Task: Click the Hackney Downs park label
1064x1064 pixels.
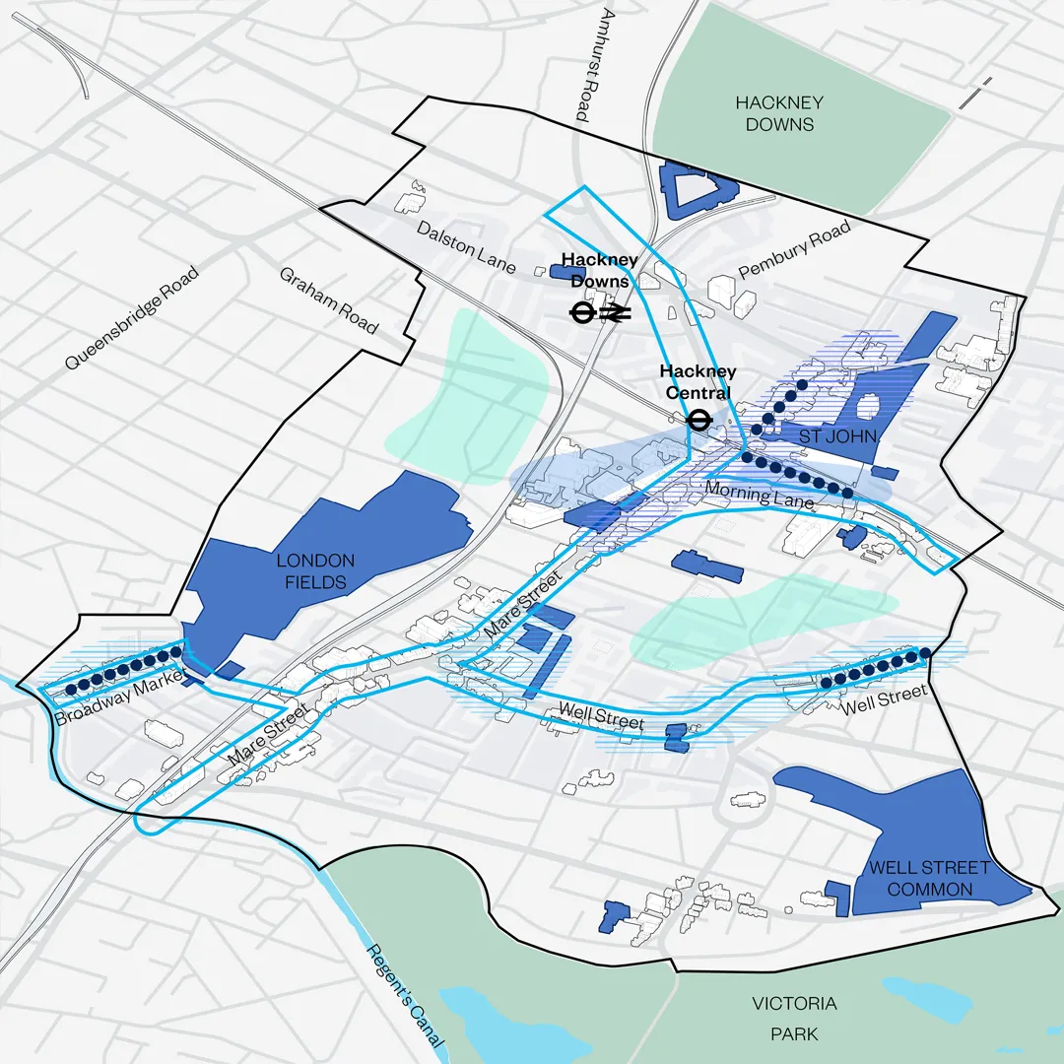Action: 779,113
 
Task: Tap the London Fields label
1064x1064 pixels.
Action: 315,571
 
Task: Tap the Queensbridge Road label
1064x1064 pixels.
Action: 132,317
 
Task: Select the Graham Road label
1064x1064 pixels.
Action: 328,299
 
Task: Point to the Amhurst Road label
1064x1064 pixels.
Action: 593,65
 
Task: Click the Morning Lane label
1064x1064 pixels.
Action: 760,495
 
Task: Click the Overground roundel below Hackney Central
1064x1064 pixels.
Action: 698,421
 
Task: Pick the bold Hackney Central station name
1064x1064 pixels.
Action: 698,382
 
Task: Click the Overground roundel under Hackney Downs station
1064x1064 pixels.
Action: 582,313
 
